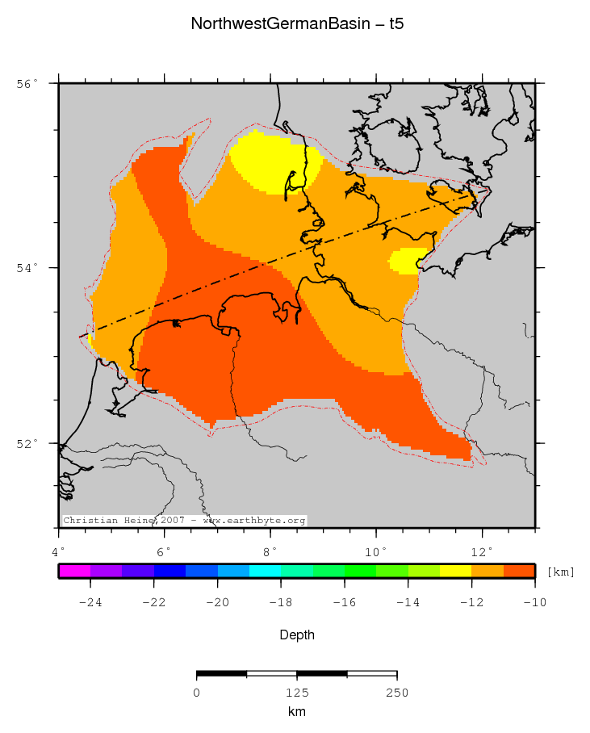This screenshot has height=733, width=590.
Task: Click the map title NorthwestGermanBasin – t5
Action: point(297,24)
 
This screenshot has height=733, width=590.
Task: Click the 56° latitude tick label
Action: point(27,84)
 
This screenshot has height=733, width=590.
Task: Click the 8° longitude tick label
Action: point(270,551)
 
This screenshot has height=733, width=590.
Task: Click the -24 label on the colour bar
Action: point(90,601)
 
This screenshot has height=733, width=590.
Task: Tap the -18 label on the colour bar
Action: point(281,601)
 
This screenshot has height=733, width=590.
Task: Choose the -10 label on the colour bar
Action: point(534,601)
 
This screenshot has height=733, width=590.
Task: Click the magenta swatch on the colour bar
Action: point(74,572)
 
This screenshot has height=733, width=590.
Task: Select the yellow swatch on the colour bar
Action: point(455,572)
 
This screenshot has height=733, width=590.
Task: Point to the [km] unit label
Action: point(561,572)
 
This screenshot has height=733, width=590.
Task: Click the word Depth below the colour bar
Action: point(297,635)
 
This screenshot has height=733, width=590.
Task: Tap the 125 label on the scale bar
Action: point(297,693)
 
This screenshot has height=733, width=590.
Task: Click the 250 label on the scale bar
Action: point(396,693)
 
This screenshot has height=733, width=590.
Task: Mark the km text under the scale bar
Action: point(297,712)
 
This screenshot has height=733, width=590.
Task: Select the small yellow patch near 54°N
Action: point(406,261)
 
